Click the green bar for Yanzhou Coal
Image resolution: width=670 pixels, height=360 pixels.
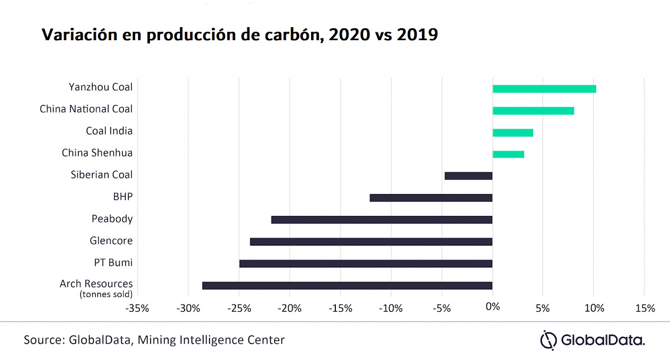(x=544, y=89)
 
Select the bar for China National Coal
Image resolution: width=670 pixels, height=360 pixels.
(x=533, y=111)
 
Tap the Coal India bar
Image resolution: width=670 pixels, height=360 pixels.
(x=512, y=133)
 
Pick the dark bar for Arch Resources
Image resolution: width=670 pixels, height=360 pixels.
(x=347, y=286)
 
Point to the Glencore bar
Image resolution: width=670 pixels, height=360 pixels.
(x=371, y=242)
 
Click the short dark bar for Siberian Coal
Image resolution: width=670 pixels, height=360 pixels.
(x=468, y=176)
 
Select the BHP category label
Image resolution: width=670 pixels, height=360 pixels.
(x=123, y=197)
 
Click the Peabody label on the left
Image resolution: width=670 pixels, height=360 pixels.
(x=112, y=219)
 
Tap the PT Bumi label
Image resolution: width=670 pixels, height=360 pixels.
(x=114, y=263)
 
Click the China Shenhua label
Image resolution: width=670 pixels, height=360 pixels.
(x=97, y=153)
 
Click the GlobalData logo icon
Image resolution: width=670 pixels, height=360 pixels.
(x=549, y=341)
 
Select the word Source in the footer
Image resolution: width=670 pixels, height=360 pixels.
(x=43, y=340)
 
